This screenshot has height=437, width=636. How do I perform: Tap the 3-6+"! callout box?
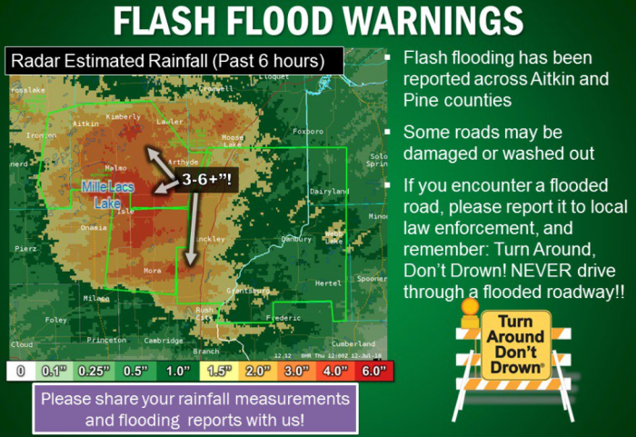pyautogui.click(x=205, y=178)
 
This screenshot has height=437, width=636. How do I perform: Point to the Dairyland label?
pyautogui.click(x=329, y=192)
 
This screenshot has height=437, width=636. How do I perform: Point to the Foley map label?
pyautogui.click(x=56, y=320)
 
